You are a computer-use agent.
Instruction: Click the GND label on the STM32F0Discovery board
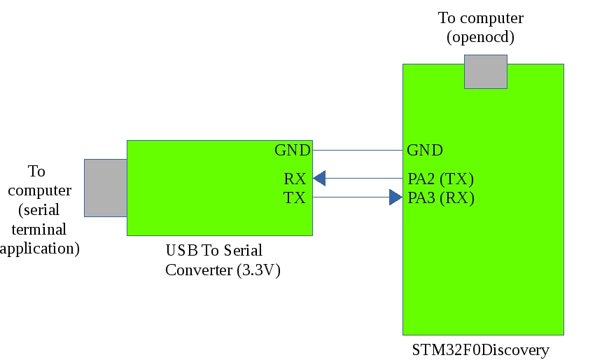pyautogui.click(x=424, y=151)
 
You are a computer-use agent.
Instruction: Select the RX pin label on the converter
pyautogui.click(x=295, y=179)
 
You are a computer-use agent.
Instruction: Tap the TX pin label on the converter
pyautogui.click(x=295, y=198)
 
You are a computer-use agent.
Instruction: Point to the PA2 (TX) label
pyautogui.click(x=441, y=179)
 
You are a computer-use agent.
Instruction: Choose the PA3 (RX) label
pyautogui.click(x=441, y=198)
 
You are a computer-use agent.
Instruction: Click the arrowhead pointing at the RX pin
pyautogui.click(x=319, y=179)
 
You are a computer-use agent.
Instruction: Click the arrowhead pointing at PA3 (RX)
pyautogui.click(x=396, y=198)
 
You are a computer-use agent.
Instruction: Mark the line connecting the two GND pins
pyautogui.click(x=357, y=151)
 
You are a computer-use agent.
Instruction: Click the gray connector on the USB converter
pyautogui.click(x=105, y=188)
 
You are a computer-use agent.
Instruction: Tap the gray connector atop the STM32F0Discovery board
pyautogui.click(x=485, y=71)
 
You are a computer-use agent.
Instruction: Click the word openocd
pyautogui.click(x=481, y=37)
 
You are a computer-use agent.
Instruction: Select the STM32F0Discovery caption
pyautogui.click(x=480, y=349)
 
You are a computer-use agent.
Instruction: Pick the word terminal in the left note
pyautogui.click(x=39, y=229)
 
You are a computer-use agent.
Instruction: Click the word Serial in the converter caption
pyautogui.click(x=242, y=251)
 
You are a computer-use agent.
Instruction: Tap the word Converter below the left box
pyautogui.click(x=199, y=270)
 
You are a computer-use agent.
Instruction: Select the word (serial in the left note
pyautogui.click(x=39, y=209)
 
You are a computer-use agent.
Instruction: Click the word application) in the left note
pyautogui.click(x=39, y=248)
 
